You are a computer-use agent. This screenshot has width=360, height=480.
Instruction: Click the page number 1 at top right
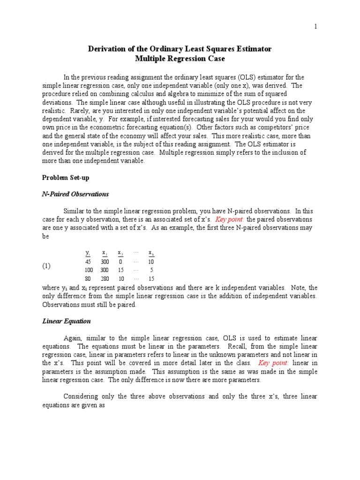click(316, 27)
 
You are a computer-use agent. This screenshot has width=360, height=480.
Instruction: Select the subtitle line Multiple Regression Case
click(180, 59)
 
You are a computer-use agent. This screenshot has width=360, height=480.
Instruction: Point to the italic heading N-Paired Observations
click(75, 194)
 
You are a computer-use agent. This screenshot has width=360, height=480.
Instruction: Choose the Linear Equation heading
click(67, 322)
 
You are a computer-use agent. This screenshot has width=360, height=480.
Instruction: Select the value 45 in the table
click(88, 262)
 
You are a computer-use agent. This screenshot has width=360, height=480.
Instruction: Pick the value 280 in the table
click(105, 278)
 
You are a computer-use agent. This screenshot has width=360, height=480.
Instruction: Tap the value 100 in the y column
click(88, 270)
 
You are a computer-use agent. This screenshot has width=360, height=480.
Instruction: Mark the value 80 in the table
click(88, 278)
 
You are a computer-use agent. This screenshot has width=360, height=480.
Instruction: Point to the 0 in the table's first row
click(120, 262)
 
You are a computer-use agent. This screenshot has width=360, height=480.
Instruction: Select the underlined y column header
click(88, 253)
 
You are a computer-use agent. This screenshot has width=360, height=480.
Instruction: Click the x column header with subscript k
click(151, 253)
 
